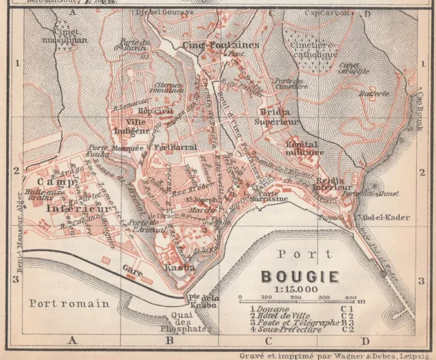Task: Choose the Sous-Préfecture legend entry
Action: [287, 330]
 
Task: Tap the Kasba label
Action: [180, 268]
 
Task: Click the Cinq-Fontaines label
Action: [208, 45]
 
